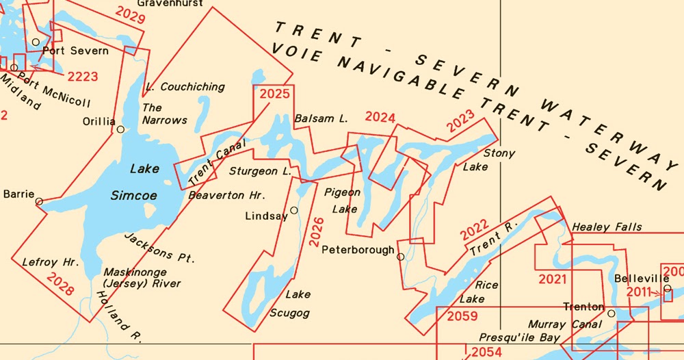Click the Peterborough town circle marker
click(x=401, y=257)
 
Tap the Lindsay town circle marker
click(x=294, y=210)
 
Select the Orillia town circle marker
click(x=120, y=129)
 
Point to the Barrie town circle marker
click(x=39, y=201)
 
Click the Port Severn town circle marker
click(x=36, y=42)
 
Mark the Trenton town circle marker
click(x=611, y=314)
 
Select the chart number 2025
click(x=274, y=94)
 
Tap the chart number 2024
click(x=380, y=117)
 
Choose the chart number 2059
click(x=462, y=316)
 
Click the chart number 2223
click(x=82, y=76)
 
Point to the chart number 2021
click(x=553, y=279)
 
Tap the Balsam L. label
click(x=321, y=119)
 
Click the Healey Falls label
click(x=607, y=227)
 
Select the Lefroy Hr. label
click(x=51, y=262)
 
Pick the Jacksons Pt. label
click(x=159, y=248)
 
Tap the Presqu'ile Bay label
click(x=519, y=337)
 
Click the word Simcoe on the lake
click(x=134, y=196)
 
